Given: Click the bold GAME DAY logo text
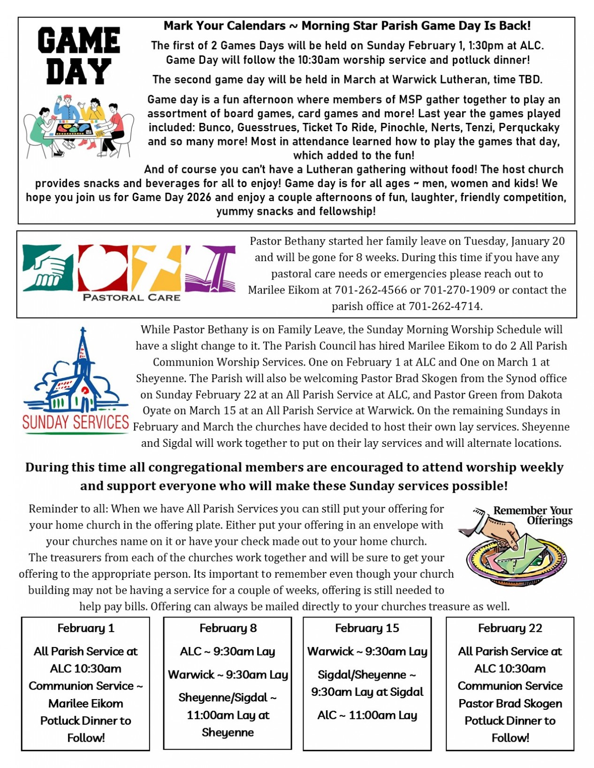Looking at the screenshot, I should pos(79,56).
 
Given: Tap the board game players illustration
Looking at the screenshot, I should pos(79,127).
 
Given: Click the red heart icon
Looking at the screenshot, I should pos(103,268).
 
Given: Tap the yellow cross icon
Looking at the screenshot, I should pos(156,268).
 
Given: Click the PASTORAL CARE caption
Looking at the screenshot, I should pos(131,297).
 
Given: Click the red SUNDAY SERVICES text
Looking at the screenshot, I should pos(76,422).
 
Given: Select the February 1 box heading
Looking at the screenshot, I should pos(85,628).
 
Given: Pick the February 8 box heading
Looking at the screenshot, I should pos(228,628).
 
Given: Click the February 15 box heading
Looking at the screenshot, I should pos(367,628).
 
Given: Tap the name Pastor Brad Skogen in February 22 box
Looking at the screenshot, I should pos(510,703).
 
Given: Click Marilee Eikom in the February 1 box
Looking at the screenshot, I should pos(85,703).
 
